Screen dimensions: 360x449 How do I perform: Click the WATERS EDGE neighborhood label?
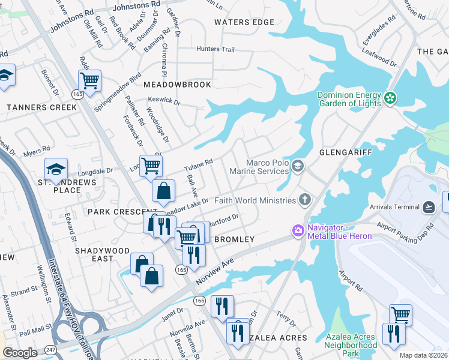click(x=244, y=22)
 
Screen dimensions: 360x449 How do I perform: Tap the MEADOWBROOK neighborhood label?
click(x=178, y=85)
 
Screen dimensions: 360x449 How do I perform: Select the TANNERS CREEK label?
click(x=41, y=107)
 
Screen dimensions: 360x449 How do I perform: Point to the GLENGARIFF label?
click(x=346, y=153)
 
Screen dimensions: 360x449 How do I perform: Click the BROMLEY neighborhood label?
click(x=235, y=239)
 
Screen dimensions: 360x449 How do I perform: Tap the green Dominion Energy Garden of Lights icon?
click(x=391, y=97)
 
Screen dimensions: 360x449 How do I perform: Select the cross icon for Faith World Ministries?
click(x=306, y=200)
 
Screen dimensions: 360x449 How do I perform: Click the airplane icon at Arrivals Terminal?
click(x=429, y=207)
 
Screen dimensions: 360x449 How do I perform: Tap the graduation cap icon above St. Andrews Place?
click(x=56, y=169)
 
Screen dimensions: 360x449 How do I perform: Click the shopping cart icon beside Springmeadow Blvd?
click(x=89, y=80)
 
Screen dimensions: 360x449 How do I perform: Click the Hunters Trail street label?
click(x=215, y=49)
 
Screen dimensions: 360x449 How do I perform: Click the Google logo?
click(x=20, y=353)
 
